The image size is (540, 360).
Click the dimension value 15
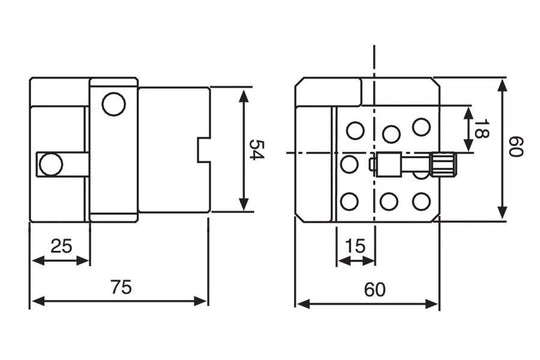(x=353, y=245)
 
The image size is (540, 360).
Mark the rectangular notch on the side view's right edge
(x=206, y=150)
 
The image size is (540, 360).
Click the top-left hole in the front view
(x=354, y=130)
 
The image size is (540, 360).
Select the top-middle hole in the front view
(x=390, y=133)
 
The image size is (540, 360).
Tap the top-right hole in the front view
(x=421, y=126)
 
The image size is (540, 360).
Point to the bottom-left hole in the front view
(x=349, y=202)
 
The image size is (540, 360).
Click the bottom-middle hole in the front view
(x=388, y=202)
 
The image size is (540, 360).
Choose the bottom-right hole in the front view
(x=421, y=198)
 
